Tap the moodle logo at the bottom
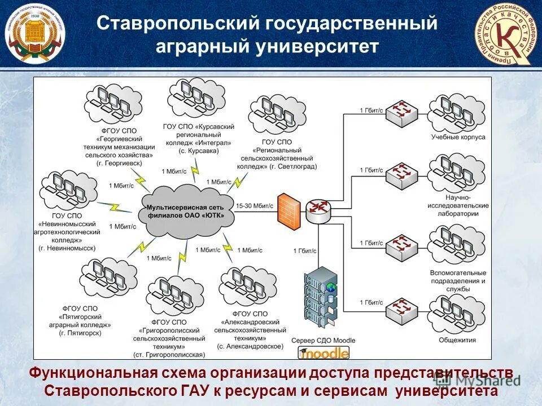pos(324,353)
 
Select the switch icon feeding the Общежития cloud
pos(401,308)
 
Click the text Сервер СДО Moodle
pos(323,341)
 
